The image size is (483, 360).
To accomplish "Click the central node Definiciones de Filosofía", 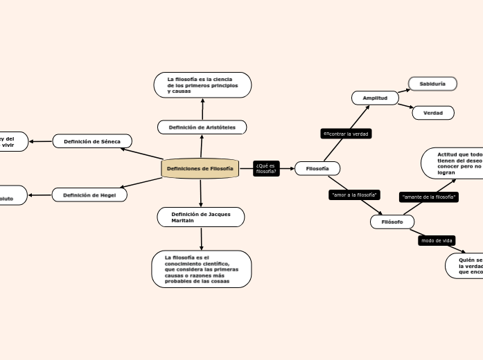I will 200,168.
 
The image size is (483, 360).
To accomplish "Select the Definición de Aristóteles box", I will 202,127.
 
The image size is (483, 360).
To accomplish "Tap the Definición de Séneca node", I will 92,141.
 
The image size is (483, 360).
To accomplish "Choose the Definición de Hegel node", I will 89,195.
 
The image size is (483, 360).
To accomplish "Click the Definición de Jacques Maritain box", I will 200,217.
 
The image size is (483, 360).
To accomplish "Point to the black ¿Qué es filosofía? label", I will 265,168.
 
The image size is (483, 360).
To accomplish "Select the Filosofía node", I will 317,168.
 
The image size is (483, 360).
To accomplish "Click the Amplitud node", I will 375,98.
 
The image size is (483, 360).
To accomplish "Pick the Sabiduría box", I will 433,84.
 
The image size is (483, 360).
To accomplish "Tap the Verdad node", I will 433,113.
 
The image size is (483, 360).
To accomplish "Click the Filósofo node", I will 392,222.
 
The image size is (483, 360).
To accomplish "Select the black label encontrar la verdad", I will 346,134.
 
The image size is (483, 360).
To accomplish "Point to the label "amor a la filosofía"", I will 354,195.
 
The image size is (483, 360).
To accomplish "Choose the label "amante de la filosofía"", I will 429,197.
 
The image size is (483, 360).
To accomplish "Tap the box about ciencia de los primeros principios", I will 202,85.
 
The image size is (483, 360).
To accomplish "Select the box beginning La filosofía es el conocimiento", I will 202,269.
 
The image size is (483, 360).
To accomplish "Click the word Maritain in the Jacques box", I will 183,220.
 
